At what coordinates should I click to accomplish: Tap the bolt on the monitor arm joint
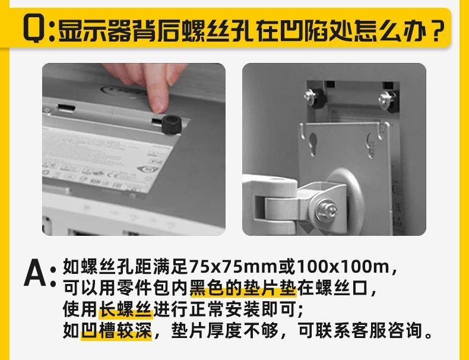pyautogui.click(x=327, y=209)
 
